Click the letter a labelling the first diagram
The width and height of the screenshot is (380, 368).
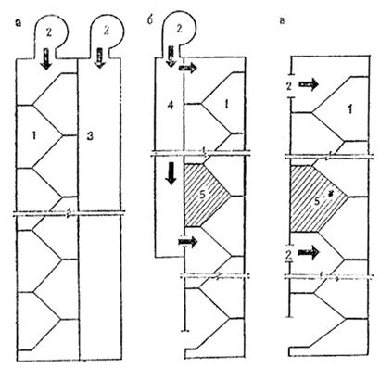tap(19, 22)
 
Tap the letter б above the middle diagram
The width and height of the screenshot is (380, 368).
tap(150, 22)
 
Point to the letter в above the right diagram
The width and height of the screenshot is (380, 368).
tap(282, 22)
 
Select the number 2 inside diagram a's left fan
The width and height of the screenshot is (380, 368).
tap(49, 33)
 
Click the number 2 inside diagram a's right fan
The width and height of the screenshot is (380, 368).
tap(106, 32)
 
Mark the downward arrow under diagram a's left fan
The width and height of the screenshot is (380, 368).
tap(46, 58)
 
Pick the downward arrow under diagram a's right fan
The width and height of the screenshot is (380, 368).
tap(100, 57)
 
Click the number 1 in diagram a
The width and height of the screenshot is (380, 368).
tap(33, 135)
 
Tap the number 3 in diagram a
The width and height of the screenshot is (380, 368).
tap(90, 136)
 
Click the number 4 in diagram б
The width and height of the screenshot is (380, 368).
tap(171, 106)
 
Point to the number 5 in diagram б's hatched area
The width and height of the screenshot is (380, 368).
tap(206, 196)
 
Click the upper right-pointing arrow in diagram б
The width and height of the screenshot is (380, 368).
tap(187, 68)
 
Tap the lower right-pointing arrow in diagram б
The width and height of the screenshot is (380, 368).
tap(187, 242)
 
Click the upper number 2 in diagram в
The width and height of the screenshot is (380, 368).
tap(289, 86)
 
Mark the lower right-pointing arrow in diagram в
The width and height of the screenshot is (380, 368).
tap(308, 253)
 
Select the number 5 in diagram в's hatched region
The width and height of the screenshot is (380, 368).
tap(317, 201)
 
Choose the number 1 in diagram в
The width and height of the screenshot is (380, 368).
tap(349, 109)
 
